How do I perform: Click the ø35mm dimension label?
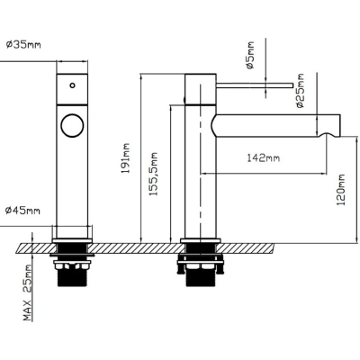(x=23, y=45)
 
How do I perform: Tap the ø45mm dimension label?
(x=22, y=211)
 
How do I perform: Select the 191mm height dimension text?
(x=126, y=158)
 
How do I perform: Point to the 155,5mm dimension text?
(x=154, y=175)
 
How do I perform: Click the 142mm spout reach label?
(x=264, y=157)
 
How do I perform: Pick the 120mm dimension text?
(x=340, y=190)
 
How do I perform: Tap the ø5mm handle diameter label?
(x=249, y=55)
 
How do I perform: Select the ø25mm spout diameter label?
(x=300, y=90)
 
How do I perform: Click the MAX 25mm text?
(x=28, y=292)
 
